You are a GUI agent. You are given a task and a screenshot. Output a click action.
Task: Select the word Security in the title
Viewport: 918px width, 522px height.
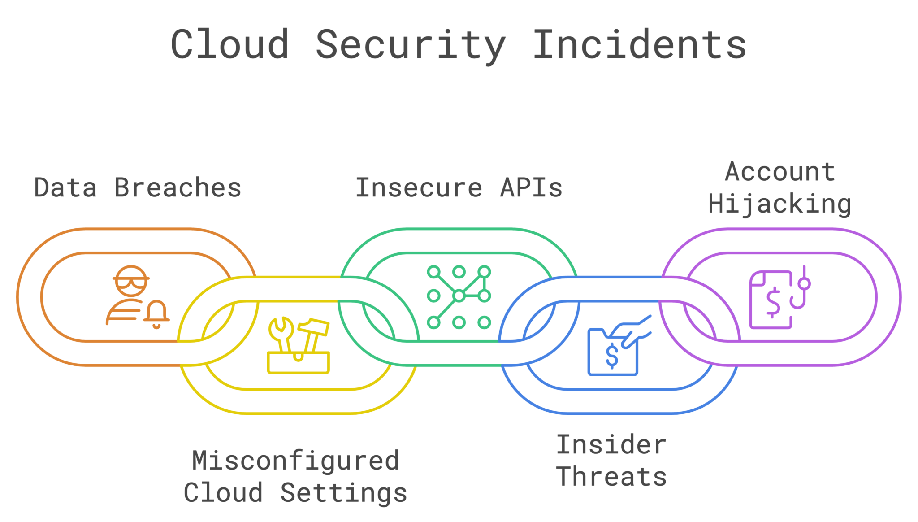411,45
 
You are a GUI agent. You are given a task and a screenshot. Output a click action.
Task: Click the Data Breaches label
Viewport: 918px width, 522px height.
138,187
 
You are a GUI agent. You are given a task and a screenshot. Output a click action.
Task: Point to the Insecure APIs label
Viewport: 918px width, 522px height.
459,187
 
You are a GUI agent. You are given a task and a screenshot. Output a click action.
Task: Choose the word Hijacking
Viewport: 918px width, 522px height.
779,204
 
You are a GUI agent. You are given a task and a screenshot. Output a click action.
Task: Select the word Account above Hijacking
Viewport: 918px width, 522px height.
780,172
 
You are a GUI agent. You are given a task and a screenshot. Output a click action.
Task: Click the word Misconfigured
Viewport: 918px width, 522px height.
295,461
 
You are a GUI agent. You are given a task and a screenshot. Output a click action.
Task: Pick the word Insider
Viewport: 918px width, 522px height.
611,445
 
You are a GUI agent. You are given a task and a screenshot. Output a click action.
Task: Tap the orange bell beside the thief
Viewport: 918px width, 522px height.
157,313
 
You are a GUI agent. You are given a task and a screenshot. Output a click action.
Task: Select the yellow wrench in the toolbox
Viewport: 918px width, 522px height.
281,334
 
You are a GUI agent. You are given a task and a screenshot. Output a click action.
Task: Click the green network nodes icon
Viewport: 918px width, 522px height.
459,296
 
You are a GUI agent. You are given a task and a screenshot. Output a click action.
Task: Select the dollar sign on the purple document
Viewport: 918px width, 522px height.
773,301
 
